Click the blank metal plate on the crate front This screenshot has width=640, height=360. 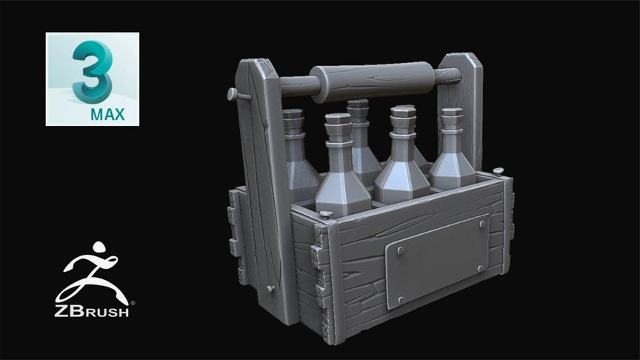[437, 261]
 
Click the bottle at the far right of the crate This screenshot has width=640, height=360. [452, 152]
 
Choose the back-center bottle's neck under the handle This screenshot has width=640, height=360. [359, 122]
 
